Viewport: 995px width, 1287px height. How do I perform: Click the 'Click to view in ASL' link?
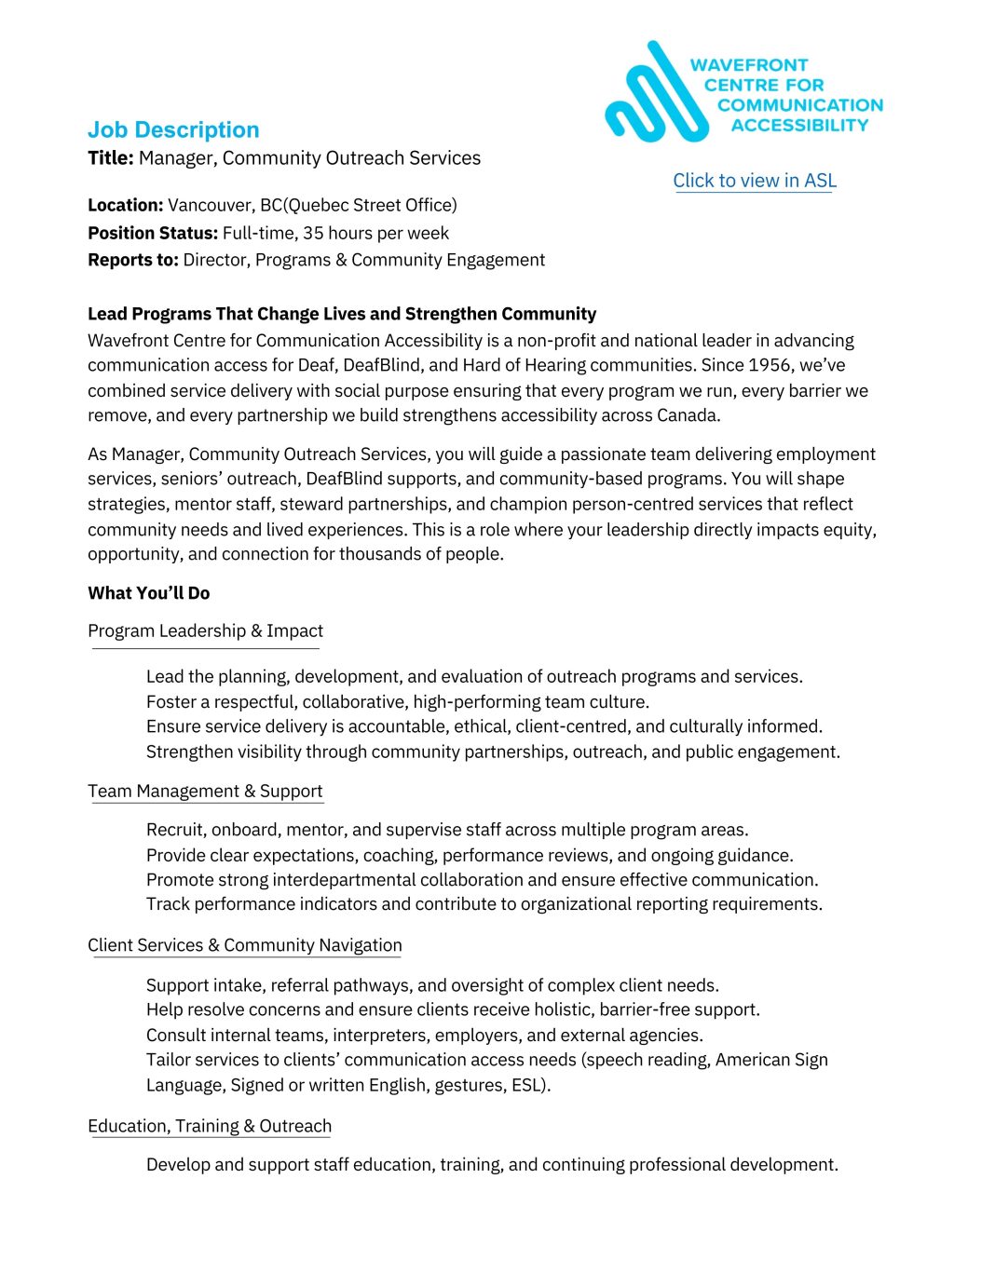[755, 181]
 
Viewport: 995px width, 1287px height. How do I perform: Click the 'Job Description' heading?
[173, 130]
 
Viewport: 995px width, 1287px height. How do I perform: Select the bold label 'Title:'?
[111, 158]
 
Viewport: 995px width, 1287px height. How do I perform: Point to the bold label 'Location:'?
[126, 205]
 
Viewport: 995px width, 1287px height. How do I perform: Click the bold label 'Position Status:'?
[153, 233]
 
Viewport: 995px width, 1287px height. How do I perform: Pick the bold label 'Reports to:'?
[133, 260]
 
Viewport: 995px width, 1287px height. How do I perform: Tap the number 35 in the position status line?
[313, 233]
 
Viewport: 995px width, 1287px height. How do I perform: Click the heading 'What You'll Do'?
[149, 593]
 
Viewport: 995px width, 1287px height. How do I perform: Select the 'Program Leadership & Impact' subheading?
[206, 631]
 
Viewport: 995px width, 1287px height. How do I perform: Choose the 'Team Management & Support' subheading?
[205, 792]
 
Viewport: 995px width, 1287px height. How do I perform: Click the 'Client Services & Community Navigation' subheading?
[245, 945]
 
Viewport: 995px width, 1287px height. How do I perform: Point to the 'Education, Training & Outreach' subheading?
[210, 1126]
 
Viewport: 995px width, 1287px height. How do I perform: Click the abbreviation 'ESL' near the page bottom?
[527, 1085]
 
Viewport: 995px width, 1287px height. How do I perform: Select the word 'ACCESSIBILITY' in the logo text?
[799, 126]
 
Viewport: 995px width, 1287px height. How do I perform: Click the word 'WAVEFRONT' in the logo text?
[749, 65]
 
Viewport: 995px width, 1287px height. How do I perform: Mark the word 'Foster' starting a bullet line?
[171, 702]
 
